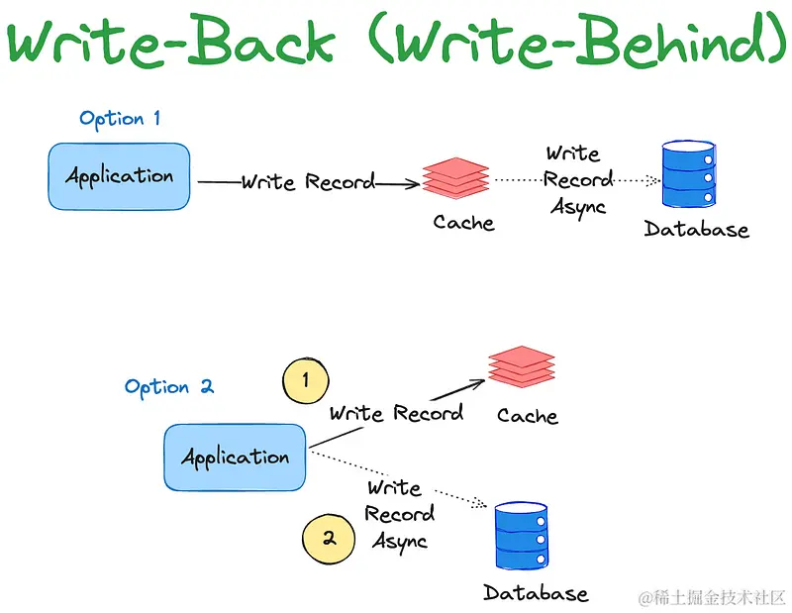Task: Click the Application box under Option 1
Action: (x=119, y=176)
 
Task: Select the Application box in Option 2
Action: (x=235, y=458)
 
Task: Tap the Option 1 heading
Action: (x=120, y=119)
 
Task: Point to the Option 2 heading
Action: (x=169, y=387)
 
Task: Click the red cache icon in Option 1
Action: (x=455, y=178)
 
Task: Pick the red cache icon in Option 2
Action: (x=522, y=366)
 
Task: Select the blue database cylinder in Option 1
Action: (x=689, y=174)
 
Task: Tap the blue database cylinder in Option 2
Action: (x=522, y=536)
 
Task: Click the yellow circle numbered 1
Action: (x=306, y=380)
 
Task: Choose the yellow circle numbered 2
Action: (x=329, y=539)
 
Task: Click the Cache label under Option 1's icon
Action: (x=463, y=223)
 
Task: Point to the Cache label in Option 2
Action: (x=528, y=415)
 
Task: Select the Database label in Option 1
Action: (x=696, y=229)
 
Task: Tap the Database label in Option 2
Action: (x=536, y=593)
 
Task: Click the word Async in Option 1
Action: (x=578, y=207)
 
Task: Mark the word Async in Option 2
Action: (x=400, y=542)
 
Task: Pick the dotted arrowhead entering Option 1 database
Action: (x=654, y=180)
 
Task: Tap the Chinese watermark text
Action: (x=712, y=598)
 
